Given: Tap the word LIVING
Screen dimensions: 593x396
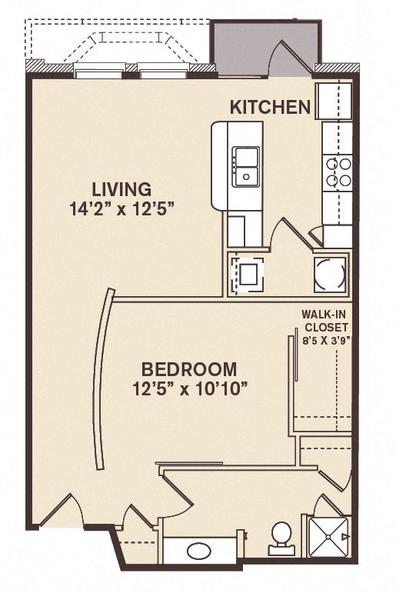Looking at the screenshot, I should (x=121, y=188).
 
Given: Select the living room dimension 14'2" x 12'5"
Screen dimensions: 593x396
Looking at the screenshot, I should (x=128, y=209).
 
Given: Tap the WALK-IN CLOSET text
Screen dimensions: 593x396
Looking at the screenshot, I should (x=326, y=320).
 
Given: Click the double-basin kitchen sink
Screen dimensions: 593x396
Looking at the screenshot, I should (x=246, y=166).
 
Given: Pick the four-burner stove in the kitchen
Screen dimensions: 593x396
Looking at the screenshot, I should (x=338, y=172).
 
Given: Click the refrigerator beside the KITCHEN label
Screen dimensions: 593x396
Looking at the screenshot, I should (x=334, y=100).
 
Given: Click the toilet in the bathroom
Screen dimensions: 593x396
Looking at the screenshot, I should (x=281, y=537).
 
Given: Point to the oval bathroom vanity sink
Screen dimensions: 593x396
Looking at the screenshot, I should (x=198, y=551).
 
